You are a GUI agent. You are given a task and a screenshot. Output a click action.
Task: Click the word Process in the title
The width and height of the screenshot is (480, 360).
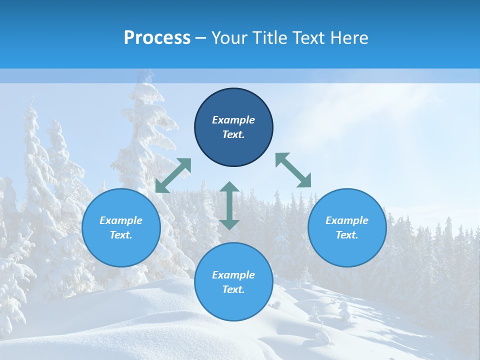pyautogui.click(x=157, y=38)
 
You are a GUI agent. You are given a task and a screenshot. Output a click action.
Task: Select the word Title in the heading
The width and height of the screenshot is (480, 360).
pyautogui.click(x=271, y=38)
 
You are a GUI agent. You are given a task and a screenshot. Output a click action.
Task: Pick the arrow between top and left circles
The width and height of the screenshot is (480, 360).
pyautogui.click(x=173, y=175)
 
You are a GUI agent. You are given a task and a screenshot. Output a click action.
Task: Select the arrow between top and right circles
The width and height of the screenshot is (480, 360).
pyautogui.click(x=293, y=170)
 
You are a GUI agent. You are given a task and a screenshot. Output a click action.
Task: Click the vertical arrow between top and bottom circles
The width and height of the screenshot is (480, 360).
pyautogui.click(x=229, y=205)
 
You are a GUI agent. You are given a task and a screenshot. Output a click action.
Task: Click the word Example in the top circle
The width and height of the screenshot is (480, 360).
pyautogui.click(x=233, y=120)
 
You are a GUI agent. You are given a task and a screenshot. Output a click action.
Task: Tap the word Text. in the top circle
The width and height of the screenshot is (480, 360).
pyautogui.click(x=233, y=134)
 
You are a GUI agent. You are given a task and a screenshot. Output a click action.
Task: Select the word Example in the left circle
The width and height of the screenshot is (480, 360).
pyautogui.click(x=121, y=220)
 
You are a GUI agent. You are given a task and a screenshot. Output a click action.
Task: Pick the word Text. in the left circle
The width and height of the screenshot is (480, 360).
pyautogui.click(x=121, y=235)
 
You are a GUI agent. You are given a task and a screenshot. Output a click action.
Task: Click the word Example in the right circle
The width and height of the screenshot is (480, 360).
pyautogui.click(x=347, y=220)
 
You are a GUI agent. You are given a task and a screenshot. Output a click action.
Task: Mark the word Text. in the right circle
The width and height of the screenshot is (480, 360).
pyautogui.click(x=347, y=235)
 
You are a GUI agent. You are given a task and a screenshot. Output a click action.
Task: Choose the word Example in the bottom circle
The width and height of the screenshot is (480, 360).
pyautogui.click(x=233, y=275)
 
